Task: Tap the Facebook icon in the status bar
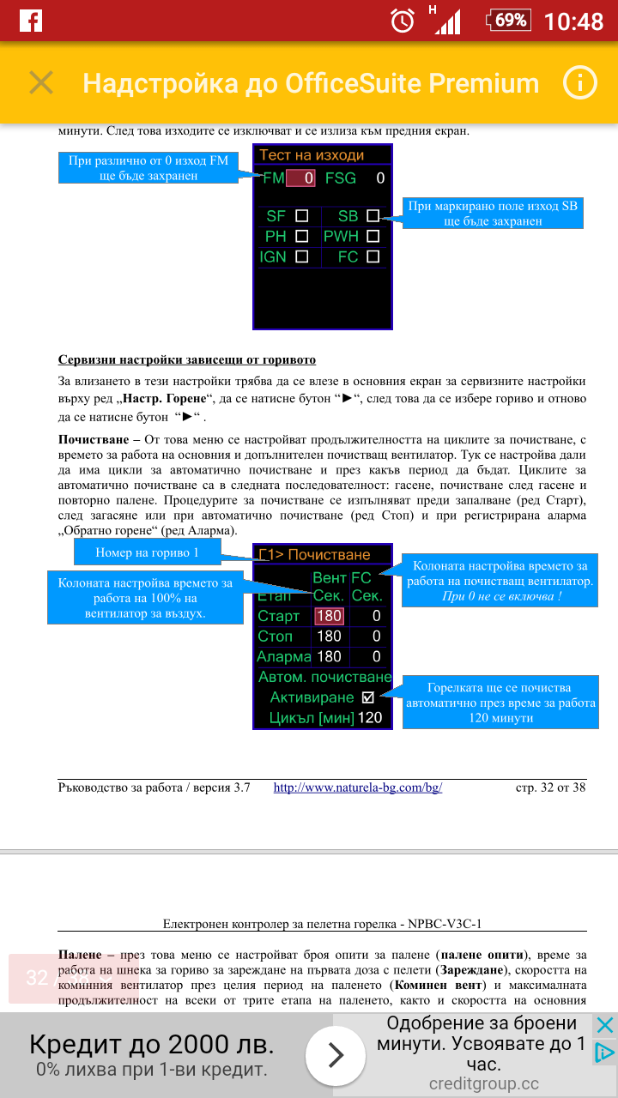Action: [x=31, y=21]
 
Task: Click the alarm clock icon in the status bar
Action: [x=402, y=21]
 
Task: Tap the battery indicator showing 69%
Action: [x=507, y=20]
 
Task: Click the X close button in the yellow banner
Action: [x=41, y=83]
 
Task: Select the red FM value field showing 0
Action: [x=300, y=178]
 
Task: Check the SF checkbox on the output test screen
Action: [x=301, y=216]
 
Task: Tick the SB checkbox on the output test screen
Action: [x=373, y=216]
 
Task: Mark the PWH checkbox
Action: [x=373, y=236]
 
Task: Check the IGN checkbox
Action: [x=301, y=256]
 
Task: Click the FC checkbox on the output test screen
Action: [x=373, y=256]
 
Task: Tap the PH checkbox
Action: [x=301, y=236]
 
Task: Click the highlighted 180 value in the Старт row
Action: [x=329, y=616]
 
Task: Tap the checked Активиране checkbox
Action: [x=368, y=697]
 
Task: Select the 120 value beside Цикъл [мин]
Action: [x=370, y=717]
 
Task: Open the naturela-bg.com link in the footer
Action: [x=357, y=787]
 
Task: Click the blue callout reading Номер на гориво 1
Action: [x=147, y=553]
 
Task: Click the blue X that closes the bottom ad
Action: [x=604, y=1025]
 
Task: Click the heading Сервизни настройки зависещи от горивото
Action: [x=186, y=359]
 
